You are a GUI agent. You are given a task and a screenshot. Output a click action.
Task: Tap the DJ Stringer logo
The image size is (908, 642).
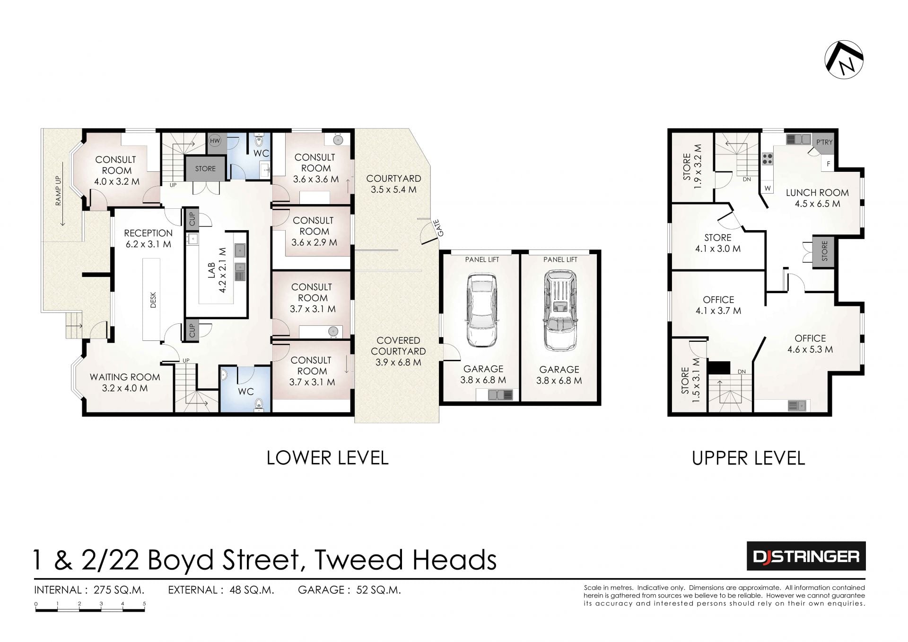(806, 556)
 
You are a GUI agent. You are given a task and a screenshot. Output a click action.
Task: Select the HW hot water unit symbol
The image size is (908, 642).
(215, 140)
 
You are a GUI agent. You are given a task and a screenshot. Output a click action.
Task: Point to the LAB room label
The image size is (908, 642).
(211, 270)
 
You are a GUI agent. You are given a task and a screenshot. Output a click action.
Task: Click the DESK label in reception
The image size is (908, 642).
(153, 300)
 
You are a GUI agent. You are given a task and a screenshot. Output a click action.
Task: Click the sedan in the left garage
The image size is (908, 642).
(482, 311)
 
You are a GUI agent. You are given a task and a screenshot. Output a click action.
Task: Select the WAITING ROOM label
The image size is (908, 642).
(125, 377)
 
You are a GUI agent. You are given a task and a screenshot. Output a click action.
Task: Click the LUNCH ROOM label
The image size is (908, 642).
(817, 193)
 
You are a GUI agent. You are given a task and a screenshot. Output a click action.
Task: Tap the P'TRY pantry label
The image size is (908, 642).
(824, 142)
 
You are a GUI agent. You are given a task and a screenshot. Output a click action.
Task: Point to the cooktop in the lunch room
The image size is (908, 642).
(767, 159)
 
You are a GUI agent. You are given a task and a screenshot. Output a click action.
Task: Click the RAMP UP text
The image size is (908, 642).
(59, 190)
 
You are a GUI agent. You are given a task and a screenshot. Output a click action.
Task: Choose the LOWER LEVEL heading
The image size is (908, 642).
(328, 458)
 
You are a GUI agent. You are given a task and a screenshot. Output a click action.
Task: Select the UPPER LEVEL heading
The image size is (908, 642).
(748, 458)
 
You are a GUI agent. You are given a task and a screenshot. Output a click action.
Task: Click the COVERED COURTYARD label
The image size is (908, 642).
(398, 346)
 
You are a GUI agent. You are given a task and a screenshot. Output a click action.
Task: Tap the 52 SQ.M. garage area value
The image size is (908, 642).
(375, 590)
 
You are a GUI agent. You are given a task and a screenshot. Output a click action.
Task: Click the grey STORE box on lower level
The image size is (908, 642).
(205, 168)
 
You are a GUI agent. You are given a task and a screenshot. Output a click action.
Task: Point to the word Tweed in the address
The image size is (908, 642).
(358, 560)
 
